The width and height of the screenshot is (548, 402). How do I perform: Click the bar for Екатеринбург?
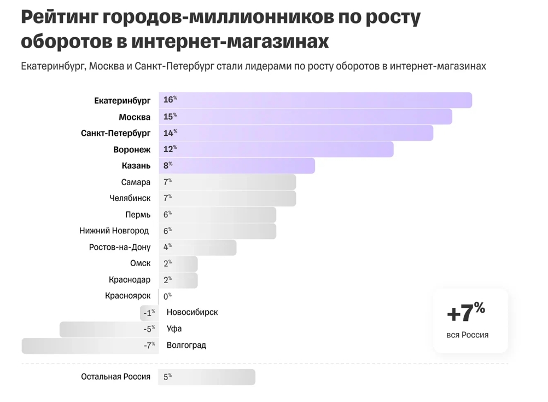tap(316, 100)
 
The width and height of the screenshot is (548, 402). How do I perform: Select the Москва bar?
tap(306, 117)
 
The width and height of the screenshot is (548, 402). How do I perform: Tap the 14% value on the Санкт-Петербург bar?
tap(170, 133)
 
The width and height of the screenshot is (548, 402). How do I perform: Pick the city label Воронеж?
tap(132, 150)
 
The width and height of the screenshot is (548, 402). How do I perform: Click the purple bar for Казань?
tap(237, 165)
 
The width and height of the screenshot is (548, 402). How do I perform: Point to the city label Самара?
tap(136, 182)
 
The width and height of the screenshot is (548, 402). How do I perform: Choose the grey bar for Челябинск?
tap(228, 198)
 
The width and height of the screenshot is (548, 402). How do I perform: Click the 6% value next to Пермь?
tap(167, 214)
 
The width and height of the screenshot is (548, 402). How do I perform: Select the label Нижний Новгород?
tap(114, 231)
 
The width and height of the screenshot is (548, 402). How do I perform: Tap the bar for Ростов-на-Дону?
tap(198, 247)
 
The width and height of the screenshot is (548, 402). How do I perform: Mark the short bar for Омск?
tap(178, 263)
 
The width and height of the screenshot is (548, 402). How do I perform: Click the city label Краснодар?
tap(130, 280)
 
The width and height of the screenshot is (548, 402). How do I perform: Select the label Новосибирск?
tap(192, 312)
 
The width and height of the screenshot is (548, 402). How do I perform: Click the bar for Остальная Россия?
tap(207, 377)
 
